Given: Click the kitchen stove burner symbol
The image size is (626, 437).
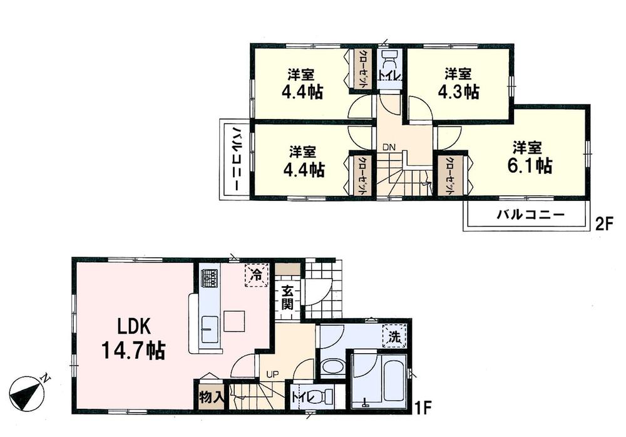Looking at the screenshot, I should coord(208,277).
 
